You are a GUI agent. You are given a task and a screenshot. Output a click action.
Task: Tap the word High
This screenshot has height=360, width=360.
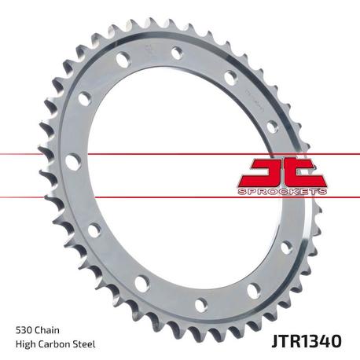[x=28, y=343]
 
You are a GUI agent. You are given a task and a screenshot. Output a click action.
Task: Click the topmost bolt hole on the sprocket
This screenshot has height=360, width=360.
[x=177, y=53]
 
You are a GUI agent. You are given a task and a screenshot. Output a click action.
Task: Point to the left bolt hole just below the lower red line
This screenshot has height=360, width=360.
[x=94, y=230]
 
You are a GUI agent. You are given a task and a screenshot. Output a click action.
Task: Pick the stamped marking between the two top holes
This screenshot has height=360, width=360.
[x=149, y=53]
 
